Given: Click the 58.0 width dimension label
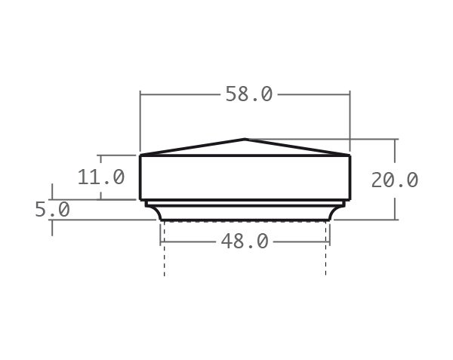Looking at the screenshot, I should [248, 94].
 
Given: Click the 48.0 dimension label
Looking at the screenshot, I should [244, 242].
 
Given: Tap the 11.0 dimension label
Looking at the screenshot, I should [100, 177].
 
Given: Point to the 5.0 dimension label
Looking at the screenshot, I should [52, 209].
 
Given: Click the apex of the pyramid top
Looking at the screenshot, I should [245, 139].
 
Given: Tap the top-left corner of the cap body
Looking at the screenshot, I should [141, 155].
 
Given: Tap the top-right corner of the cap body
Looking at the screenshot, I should [350, 155].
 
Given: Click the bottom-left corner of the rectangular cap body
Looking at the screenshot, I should [141, 199].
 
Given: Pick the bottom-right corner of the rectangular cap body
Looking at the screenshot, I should [350, 199].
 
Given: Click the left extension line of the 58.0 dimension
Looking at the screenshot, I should [140, 121].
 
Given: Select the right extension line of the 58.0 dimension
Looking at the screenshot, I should [350, 121].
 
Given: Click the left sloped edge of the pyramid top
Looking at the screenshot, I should [193, 147].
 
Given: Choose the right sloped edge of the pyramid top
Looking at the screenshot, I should [298, 147].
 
